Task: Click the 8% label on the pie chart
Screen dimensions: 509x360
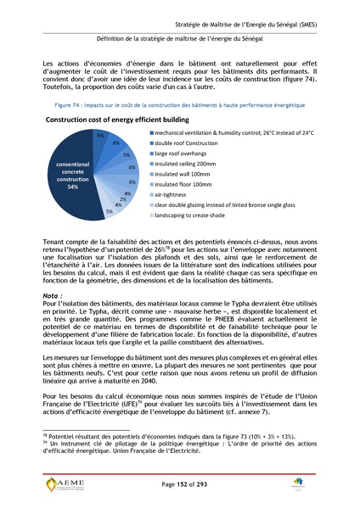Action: pyautogui.click(x=116, y=143)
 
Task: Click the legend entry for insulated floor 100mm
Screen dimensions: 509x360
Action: pyautogui.click(x=188, y=193)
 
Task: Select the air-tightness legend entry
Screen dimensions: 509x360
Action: pyautogui.click(x=175, y=204)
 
